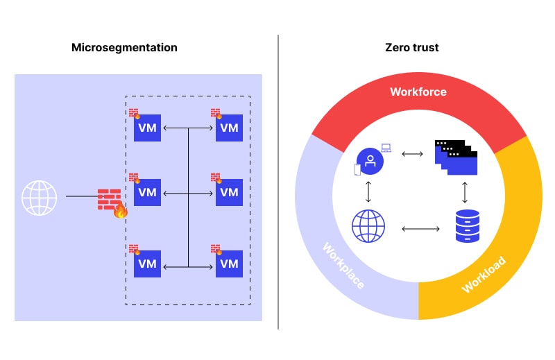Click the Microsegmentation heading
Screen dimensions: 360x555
124,48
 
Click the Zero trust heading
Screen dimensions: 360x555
411,48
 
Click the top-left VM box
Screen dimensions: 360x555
147,128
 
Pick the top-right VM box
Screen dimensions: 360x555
229,128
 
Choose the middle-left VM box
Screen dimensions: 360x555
147,192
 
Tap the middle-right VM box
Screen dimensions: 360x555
229,192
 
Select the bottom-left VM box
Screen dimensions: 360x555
147,264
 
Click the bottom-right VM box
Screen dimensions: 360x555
229,264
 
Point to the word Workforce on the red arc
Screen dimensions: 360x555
418,92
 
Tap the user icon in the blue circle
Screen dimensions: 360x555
370,161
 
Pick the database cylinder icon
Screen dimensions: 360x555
466,226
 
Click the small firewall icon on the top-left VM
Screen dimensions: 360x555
134,113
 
